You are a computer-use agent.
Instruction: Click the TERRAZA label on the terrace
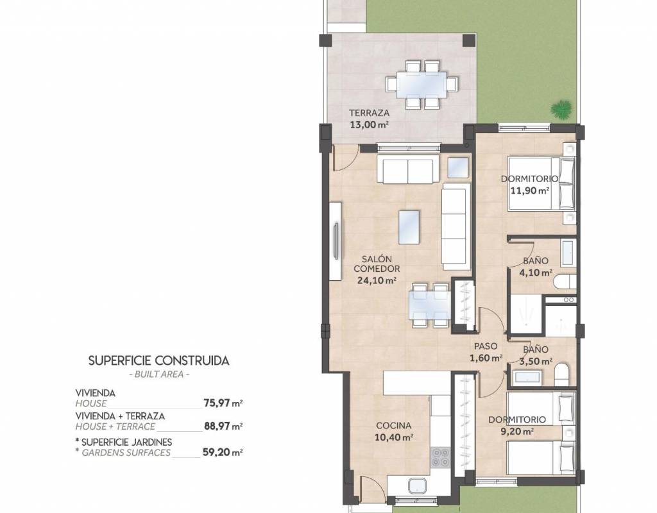point(369,113)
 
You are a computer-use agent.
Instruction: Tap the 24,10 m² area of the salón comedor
point(377,281)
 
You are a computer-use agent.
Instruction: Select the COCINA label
point(393,426)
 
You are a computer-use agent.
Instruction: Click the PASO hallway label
point(486,346)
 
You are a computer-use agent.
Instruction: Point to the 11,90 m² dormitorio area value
point(530,191)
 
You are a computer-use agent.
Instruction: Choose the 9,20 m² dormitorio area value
point(517,431)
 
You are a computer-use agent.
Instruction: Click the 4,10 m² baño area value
point(536,273)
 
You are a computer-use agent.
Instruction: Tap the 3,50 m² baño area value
point(536,361)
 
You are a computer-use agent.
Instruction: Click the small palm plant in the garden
point(561,110)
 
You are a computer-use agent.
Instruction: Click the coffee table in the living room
point(409,227)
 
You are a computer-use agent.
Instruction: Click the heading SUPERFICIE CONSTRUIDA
point(159,361)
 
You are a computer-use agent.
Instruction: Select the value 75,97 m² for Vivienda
point(223,403)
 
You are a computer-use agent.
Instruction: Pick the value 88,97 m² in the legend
point(223,426)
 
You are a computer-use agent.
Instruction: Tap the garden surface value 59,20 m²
point(223,452)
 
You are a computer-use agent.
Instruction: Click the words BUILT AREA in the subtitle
point(159,374)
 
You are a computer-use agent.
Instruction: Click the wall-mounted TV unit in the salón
point(335,241)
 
